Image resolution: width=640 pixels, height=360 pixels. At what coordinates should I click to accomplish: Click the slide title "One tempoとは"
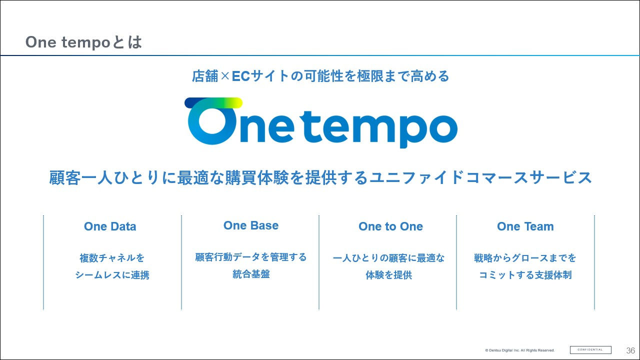(x=83, y=42)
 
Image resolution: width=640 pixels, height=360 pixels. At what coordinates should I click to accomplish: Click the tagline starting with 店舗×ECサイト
(x=320, y=76)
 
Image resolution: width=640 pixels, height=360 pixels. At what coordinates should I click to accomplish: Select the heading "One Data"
(x=110, y=226)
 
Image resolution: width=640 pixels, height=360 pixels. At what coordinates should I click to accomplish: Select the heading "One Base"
(x=251, y=225)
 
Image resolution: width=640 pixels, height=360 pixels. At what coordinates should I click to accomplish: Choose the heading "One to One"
(x=390, y=226)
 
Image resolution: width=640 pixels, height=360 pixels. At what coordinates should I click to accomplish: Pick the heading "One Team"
(x=525, y=226)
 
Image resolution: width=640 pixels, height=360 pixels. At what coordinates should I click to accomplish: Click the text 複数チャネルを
(x=112, y=258)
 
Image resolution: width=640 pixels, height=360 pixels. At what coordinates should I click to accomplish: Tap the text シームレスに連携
(x=112, y=275)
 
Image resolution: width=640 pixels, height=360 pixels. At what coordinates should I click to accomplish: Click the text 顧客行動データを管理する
(x=251, y=257)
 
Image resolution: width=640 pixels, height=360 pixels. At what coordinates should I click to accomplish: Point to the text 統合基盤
(x=251, y=274)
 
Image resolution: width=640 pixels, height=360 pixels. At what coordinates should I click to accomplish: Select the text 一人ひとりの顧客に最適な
(x=388, y=258)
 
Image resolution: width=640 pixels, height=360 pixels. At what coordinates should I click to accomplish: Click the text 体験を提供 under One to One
(x=388, y=275)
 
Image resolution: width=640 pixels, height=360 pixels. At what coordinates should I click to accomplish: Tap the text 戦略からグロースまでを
(x=525, y=258)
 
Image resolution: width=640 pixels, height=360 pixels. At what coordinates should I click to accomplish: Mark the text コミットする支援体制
(x=525, y=275)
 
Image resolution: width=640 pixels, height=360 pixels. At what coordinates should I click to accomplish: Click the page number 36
(x=630, y=350)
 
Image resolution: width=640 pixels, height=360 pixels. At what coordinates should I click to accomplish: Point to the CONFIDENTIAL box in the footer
(x=590, y=350)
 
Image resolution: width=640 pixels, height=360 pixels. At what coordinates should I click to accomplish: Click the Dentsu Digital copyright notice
(x=520, y=350)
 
